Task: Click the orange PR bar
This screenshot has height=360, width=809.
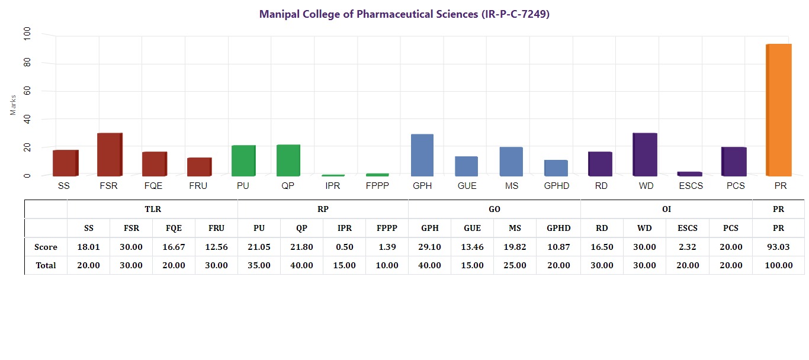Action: [779, 110]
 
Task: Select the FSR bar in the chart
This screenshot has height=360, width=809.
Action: [110, 155]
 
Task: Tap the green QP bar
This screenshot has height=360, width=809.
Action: [288, 160]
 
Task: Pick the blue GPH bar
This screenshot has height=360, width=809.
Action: [422, 155]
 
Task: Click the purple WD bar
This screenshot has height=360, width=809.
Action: [645, 155]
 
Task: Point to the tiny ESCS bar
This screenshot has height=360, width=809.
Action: [689, 173]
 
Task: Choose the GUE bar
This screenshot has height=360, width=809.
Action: [467, 166]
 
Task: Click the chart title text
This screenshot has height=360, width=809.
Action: [404, 14]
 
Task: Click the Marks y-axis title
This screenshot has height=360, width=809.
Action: [13, 104]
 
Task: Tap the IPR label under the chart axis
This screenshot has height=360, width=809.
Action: [332, 186]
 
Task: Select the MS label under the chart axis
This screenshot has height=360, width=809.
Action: [512, 186]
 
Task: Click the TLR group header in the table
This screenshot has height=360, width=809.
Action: [153, 209]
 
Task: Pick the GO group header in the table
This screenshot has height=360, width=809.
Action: [494, 209]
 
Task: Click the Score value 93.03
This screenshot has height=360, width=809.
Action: [778, 247]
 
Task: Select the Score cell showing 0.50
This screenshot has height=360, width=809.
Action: [344, 247]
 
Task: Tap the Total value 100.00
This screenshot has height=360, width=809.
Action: [778, 265]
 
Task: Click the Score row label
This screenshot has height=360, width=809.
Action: [46, 247]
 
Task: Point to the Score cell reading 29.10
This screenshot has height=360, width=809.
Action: [429, 247]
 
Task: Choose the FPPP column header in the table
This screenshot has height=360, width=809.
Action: [387, 228]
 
